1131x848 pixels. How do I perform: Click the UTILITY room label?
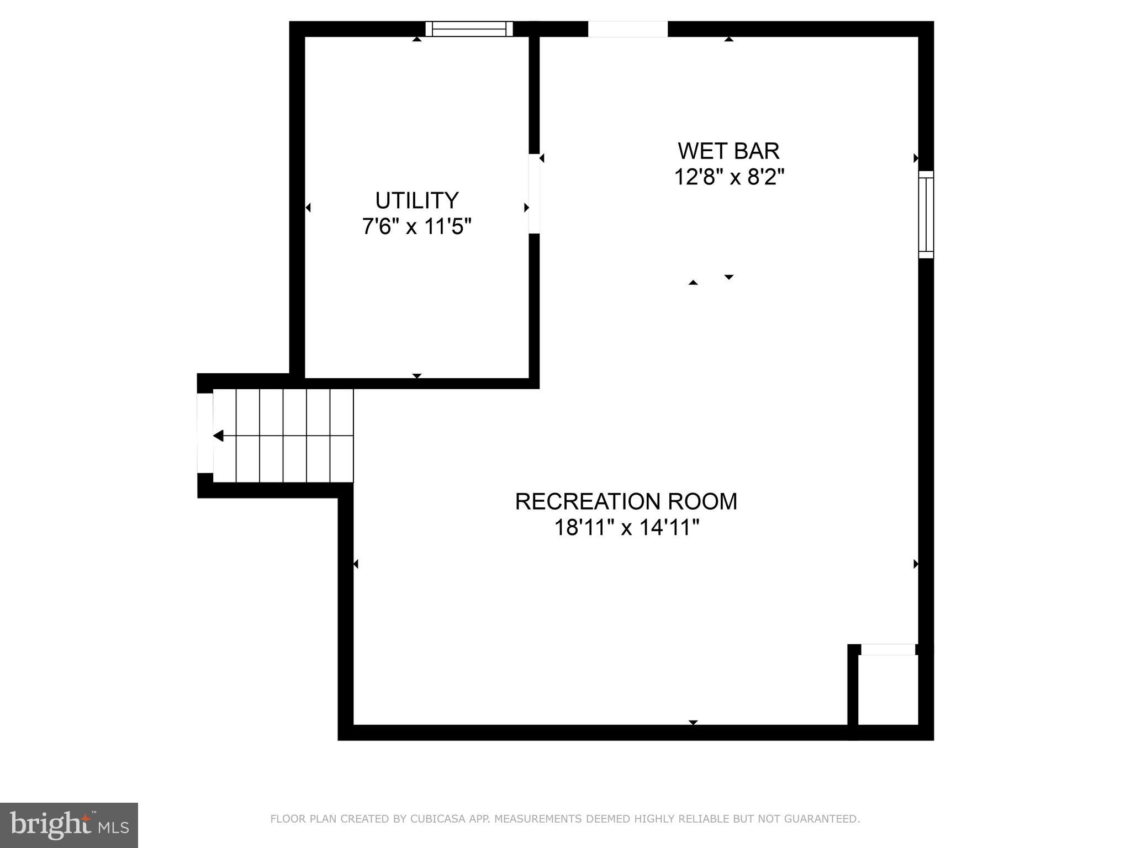click(x=417, y=200)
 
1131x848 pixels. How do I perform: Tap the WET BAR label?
click(x=728, y=151)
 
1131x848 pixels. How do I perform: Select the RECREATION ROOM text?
click(x=626, y=501)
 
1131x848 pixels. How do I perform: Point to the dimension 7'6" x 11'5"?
click(x=417, y=226)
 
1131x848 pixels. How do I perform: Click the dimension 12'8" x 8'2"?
click(x=729, y=177)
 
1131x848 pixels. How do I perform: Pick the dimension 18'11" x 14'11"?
click(x=626, y=528)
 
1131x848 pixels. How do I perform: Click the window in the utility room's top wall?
click(x=469, y=29)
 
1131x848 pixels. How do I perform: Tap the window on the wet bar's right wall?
click(x=926, y=214)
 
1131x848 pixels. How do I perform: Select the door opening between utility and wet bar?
click(x=534, y=193)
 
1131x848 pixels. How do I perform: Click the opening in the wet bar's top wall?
click(x=627, y=29)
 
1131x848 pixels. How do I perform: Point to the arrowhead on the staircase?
click(x=218, y=436)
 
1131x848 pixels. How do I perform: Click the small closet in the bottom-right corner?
click(x=887, y=690)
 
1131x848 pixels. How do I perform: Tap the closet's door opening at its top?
click(x=888, y=650)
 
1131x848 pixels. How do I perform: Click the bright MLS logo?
click(x=69, y=825)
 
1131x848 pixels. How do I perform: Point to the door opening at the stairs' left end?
click(x=205, y=433)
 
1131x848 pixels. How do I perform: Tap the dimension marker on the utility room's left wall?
click(x=308, y=208)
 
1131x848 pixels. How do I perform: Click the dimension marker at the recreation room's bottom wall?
click(x=693, y=723)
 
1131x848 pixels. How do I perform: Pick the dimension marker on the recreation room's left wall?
click(x=356, y=564)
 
